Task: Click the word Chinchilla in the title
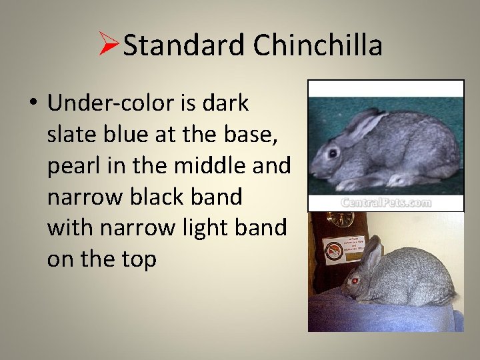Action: pos(318,46)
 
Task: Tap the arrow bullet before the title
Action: pos(109,45)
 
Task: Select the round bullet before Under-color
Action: pos(33,105)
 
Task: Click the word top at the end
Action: pos(139,259)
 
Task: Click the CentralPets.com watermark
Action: pos(385,203)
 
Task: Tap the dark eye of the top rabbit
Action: pos(331,153)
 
